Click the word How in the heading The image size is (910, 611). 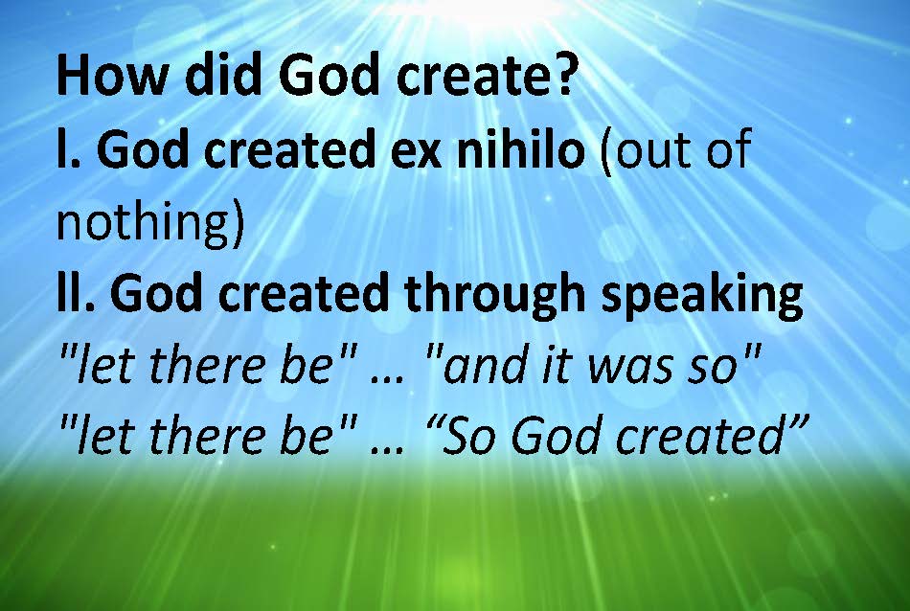111,76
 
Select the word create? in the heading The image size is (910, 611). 487,75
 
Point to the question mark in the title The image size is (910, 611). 564,74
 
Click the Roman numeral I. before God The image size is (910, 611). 69,148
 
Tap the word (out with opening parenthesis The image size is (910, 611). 646,149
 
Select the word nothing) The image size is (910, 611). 149,223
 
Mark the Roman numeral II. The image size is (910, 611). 76,292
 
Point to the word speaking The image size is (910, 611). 702,294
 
